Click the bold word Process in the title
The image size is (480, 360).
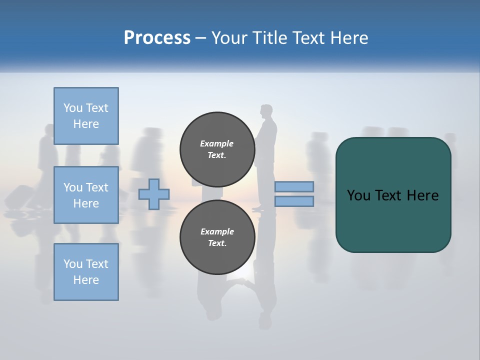coord(157,38)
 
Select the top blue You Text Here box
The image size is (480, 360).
coord(86,116)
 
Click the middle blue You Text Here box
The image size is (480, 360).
coord(86,195)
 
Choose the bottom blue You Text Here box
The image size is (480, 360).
coord(86,271)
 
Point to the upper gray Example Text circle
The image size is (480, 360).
coord(217,149)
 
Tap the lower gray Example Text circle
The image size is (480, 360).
coord(217,237)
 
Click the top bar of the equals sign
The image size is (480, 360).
coord(294,186)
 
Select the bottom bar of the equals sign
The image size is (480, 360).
coord(294,201)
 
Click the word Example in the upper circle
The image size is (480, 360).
coord(217,143)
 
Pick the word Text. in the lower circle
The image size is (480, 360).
coord(217,243)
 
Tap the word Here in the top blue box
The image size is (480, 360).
coord(86,124)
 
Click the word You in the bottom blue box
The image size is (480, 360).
coord(73,263)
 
